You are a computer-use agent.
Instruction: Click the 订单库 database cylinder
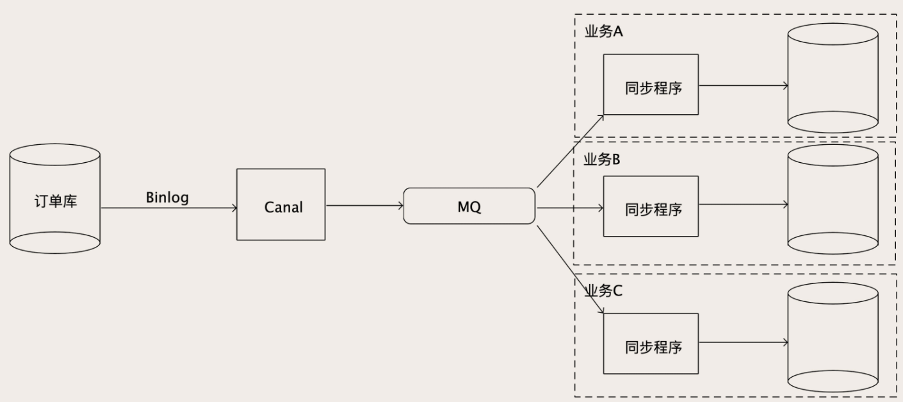[55, 199]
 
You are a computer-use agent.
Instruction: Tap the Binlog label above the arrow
[167, 197]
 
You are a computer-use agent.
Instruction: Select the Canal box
[281, 205]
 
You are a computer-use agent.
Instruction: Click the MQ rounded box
[469, 206]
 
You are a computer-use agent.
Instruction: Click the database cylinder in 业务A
[832, 78]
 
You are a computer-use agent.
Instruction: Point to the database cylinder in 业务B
[832, 199]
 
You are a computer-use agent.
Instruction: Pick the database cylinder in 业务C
[832, 337]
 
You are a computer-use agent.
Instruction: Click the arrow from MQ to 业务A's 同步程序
[570, 151]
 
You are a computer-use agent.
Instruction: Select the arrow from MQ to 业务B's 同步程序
[570, 208]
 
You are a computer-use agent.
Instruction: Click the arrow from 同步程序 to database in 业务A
[743, 85]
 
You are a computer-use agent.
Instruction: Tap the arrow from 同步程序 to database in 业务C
[743, 343]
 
